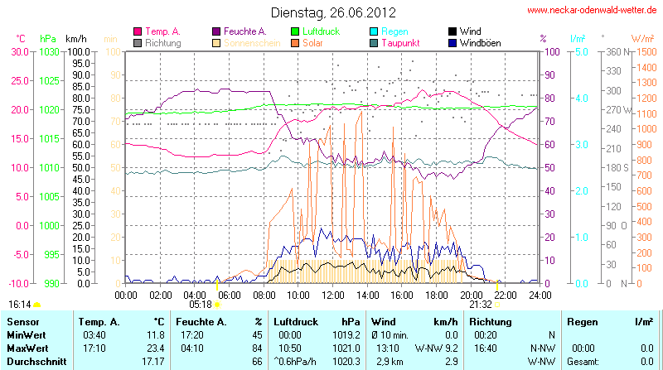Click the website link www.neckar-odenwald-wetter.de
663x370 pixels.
point(593,10)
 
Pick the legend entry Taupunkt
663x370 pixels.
point(400,42)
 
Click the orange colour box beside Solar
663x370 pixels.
point(294,42)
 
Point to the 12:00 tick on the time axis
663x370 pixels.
point(333,294)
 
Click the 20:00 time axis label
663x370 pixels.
point(472,294)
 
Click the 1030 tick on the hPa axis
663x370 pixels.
point(49,51)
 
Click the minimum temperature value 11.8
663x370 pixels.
point(154,334)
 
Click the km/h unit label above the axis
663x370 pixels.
point(76,39)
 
